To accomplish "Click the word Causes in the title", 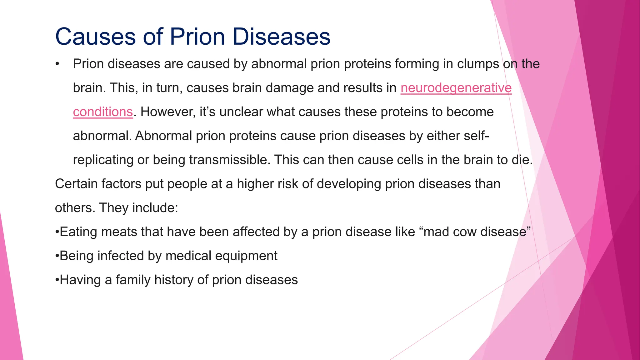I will tap(96, 37).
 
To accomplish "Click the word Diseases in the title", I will tap(281, 37).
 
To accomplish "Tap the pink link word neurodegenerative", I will tap(456, 88).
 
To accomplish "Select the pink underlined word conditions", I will tap(103, 112).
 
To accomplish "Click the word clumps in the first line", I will tap(478, 64).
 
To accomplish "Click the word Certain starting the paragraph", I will tap(76, 184).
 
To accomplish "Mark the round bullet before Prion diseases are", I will tap(57, 64).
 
